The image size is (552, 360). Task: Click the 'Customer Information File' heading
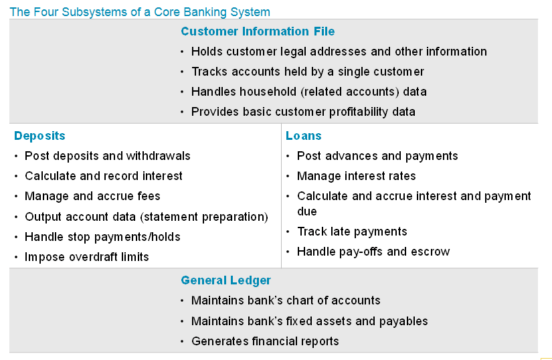point(258,31)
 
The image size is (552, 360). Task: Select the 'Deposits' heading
point(39,136)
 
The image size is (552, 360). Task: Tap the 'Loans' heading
point(304,136)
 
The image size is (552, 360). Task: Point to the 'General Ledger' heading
point(225,280)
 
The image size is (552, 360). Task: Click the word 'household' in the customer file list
point(268,92)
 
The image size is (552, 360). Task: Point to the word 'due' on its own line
point(307,211)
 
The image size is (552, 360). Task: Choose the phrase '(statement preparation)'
point(204,217)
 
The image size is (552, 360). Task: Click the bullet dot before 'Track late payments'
point(288,232)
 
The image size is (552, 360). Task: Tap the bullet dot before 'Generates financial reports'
point(182,341)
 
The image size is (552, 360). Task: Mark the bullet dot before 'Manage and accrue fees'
point(16,196)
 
